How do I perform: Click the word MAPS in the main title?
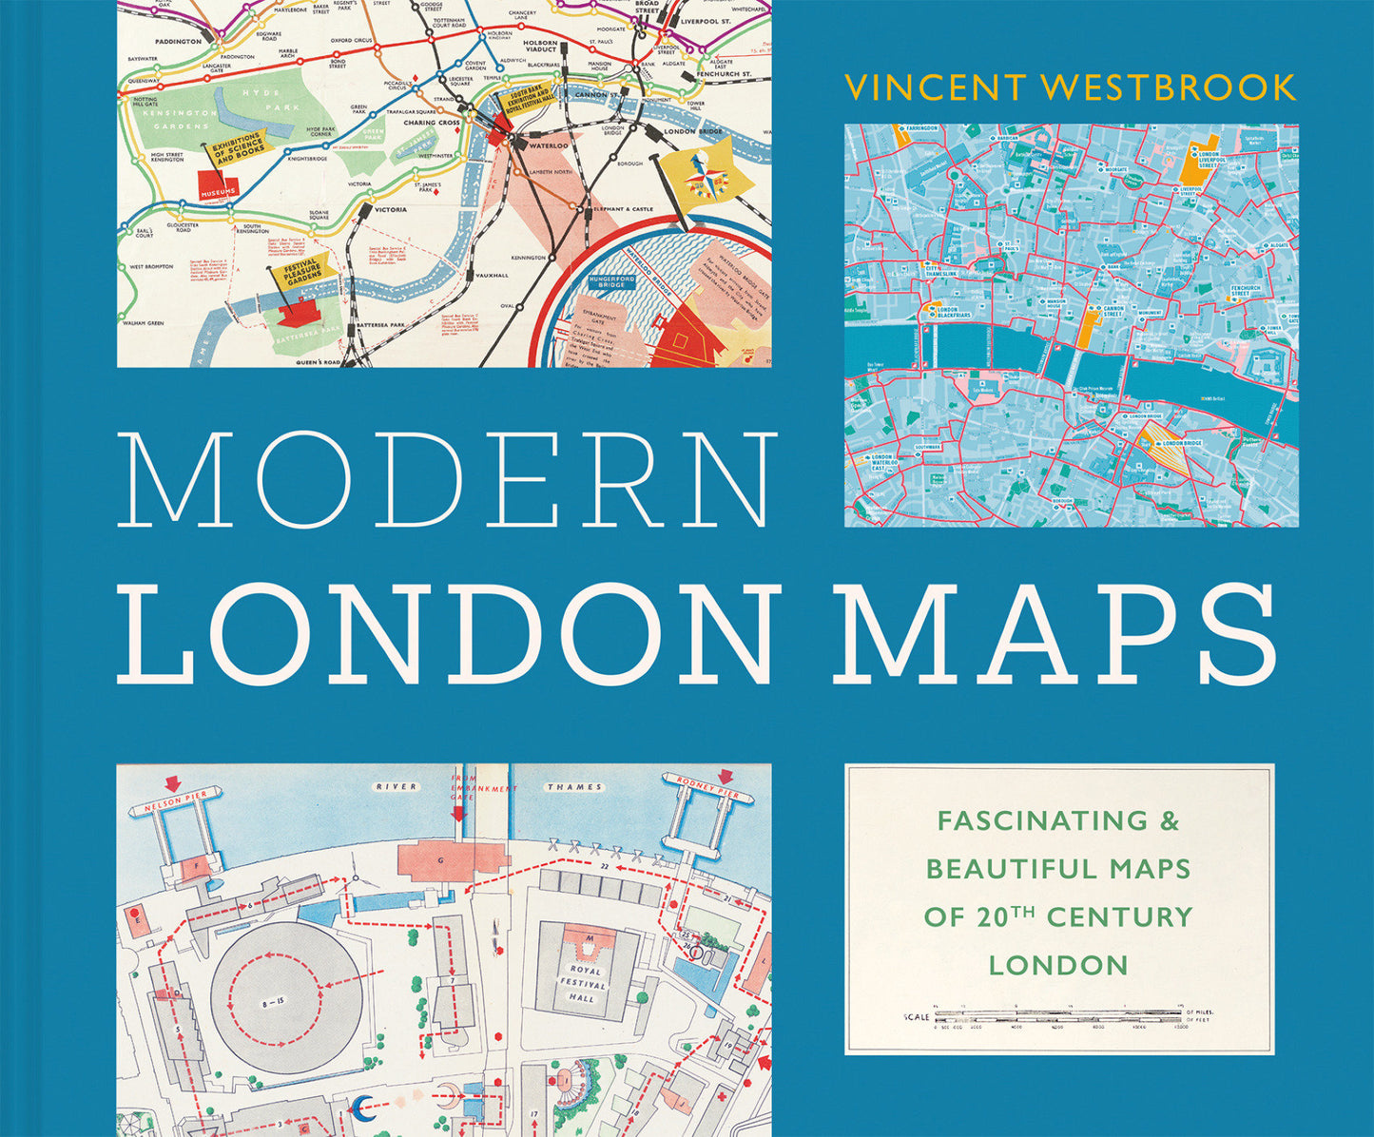[x=1055, y=632]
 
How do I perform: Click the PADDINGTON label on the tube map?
[x=178, y=42]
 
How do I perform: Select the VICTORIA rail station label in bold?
[x=390, y=209]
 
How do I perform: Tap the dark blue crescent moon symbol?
[x=362, y=1106]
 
